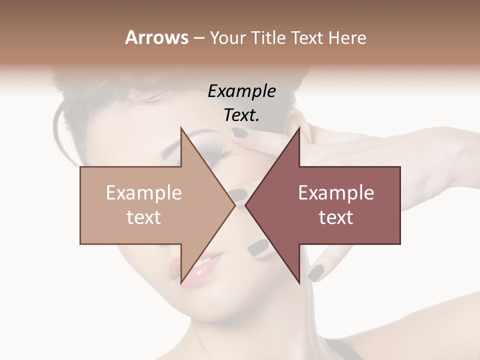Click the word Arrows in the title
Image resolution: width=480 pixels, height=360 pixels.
[x=156, y=37]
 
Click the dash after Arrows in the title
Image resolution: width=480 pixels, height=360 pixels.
[x=198, y=38]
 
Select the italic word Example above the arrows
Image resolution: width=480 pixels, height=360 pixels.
[x=241, y=91]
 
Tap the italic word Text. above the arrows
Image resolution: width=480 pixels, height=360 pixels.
[x=241, y=115]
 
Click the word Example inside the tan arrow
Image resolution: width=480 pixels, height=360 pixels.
[x=144, y=193]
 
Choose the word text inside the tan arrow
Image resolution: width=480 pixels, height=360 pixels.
[x=144, y=217]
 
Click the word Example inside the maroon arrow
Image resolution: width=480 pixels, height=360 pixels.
[x=336, y=193]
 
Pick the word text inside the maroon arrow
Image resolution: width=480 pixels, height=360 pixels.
[x=336, y=217]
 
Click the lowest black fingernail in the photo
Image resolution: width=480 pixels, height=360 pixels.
[x=315, y=272]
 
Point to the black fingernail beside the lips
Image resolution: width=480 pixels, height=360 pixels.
[x=258, y=247]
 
